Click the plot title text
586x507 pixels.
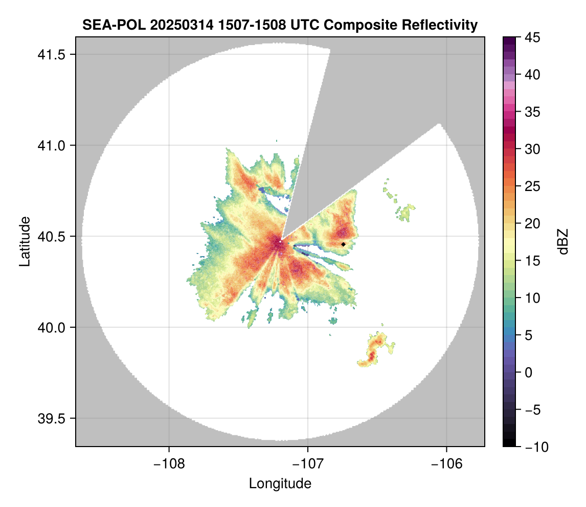click(x=280, y=25)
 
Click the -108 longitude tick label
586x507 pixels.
click(x=168, y=463)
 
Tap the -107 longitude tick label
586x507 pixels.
click(x=308, y=463)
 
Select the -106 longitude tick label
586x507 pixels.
click(x=447, y=463)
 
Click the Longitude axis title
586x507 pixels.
click(x=280, y=483)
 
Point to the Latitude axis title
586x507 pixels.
click(x=25, y=241)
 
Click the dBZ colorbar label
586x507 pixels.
click(x=563, y=242)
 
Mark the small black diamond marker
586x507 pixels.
click(x=344, y=244)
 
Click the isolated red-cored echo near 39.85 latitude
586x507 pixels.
click(x=374, y=350)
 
